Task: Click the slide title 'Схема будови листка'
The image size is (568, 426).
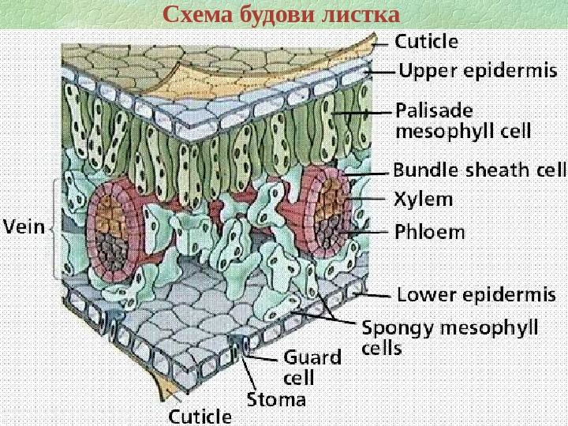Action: click(281, 15)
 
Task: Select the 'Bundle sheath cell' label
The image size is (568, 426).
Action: click(480, 170)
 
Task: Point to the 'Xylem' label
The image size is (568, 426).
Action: click(423, 200)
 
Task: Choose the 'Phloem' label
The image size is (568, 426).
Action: click(429, 233)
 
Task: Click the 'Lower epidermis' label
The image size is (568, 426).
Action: click(476, 296)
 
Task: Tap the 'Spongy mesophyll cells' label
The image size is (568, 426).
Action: click(450, 336)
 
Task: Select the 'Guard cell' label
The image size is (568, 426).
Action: click(312, 366)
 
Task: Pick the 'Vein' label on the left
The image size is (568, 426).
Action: click(25, 228)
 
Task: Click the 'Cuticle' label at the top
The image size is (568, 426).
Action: click(426, 40)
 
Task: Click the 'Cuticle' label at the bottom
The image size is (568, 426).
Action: click(201, 416)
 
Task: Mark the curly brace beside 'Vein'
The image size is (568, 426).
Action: click(54, 228)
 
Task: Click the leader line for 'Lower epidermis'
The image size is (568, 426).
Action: click(375, 297)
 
